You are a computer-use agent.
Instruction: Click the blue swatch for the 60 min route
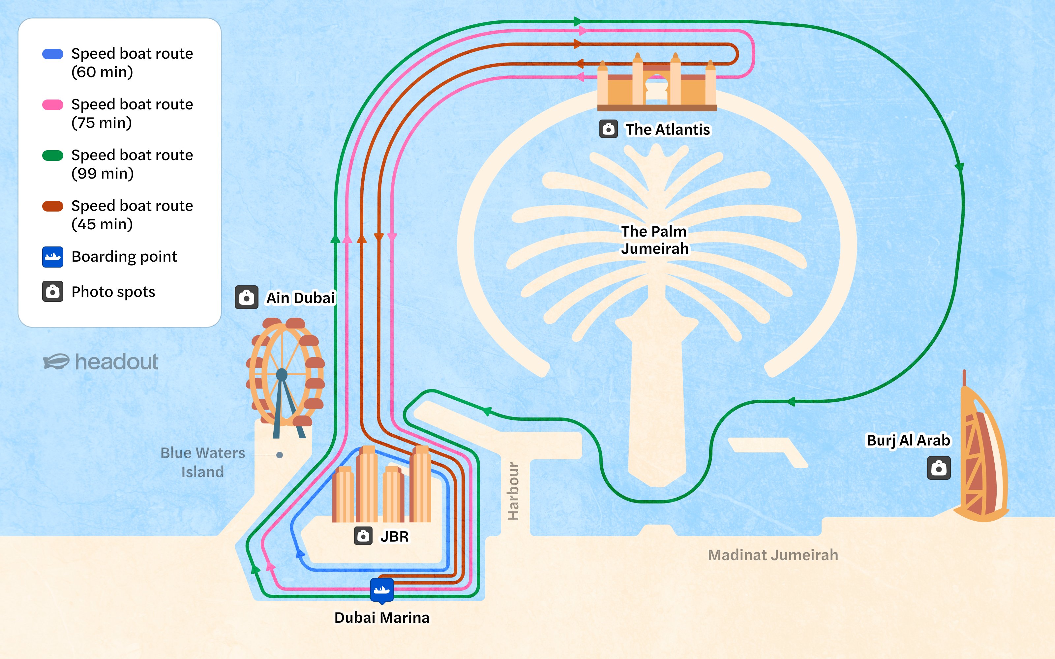pos(52,54)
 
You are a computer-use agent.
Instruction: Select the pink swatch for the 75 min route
pos(52,104)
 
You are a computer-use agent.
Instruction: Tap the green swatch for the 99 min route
pos(52,156)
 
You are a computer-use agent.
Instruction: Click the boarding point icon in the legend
pos(52,257)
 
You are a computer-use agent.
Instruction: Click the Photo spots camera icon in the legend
pos(52,292)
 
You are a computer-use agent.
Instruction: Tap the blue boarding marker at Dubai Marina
pos(382,590)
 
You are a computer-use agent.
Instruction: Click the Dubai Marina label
pos(382,617)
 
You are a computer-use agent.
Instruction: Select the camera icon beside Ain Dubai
pos(246,298)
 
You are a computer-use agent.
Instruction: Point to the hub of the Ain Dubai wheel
pos(282,374)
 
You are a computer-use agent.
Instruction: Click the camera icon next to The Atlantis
pos(608,129)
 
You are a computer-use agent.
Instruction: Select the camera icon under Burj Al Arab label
pos(938,468)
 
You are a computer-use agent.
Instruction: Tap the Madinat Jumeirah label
pos(772,555)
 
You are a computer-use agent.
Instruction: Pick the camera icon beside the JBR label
pos(363,536)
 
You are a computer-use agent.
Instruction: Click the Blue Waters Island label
pos(203,462)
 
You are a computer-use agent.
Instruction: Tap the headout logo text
pos(116,362)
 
